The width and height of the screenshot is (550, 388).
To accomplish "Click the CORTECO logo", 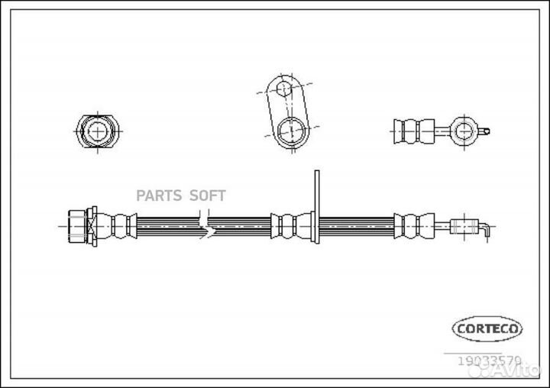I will point(487,328).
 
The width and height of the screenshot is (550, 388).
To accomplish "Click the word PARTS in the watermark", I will point(159,196).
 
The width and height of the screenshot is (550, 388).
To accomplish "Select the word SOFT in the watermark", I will point(205,196).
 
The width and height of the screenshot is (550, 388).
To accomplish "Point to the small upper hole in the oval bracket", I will point(284,90).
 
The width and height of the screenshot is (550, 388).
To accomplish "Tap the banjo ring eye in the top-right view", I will point(463,131).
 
